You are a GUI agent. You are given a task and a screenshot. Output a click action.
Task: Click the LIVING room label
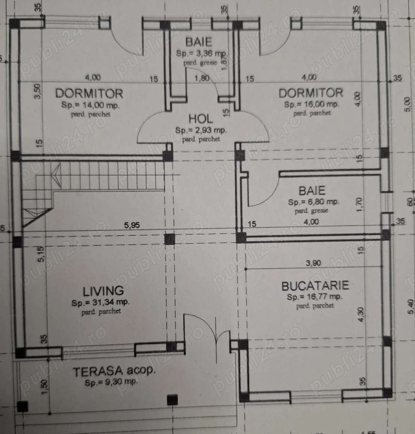[x=103, y=291]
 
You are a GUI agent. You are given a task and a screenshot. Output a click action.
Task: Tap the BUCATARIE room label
[x=315, y=286]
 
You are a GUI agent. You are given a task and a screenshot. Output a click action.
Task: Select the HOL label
[x=201, y=119]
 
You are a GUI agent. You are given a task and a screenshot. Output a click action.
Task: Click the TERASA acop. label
[x=115, y=371]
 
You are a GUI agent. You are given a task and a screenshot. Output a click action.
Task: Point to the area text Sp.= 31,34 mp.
[x=101, y=302]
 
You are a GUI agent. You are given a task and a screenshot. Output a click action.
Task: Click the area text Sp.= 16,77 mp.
[x=315, y=297]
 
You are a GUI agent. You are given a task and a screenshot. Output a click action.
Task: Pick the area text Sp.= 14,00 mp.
[x=90, y=105]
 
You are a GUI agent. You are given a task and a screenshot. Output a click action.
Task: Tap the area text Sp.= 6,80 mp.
[x=314, y=202]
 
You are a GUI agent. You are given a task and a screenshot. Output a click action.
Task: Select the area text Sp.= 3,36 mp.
[x=202, y=54]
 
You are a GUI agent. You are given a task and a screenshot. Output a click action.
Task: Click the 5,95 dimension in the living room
[x=132, y=225]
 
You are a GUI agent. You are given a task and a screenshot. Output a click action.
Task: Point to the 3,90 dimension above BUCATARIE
[x=313, y=263]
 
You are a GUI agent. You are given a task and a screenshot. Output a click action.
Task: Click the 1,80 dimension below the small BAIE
[x=202, y=78]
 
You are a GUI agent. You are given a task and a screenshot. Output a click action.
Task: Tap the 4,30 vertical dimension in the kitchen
[x=361, y=315]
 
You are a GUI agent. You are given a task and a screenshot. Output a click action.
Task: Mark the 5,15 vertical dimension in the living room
[x=41, y=254]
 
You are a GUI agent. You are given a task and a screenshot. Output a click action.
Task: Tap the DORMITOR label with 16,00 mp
[x=310, y=93]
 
